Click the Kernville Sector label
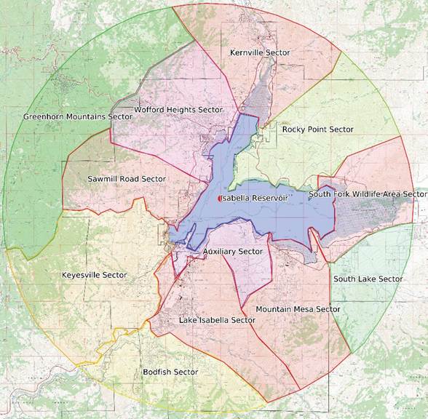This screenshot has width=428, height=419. pyautogui.click(x=259, y=53)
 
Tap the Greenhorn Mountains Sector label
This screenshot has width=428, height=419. pyautogui.click(x=78, y=116)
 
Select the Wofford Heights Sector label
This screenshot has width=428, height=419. pyautogui.click(x=178, y=110)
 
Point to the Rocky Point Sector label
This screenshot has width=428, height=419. pyautogui.click(x=318, y=129)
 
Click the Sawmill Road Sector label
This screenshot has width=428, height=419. pyautogui.click(x=127, y=179)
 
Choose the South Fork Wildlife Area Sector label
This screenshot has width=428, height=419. pyautogui.click(x=367, y=194)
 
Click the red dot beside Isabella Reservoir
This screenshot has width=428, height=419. pyautogui.click(x=220, y=199)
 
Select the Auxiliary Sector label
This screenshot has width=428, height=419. pyautogui.click(x=233, y=251)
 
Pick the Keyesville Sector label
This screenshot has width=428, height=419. pyautogui.click(x=94, y=275)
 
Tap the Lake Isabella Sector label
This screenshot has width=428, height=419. pyautogui.click(x=217, y=320)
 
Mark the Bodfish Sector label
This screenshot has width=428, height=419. pyautogui.click(x=170, y=372)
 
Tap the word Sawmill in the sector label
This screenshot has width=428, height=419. pyautogui.click(x=103, y=179)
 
